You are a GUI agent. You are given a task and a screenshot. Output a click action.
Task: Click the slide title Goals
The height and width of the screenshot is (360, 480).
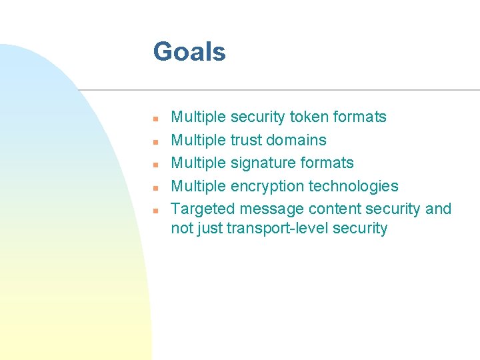tap(189, 52)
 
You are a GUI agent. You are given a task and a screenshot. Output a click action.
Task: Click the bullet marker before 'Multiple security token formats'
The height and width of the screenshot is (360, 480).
tap(153, 119)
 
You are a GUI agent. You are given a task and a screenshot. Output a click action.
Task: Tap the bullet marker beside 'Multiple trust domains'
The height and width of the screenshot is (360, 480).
tap(153, 141)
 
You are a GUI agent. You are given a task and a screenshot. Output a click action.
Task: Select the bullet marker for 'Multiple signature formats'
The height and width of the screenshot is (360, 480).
tap(153, 164)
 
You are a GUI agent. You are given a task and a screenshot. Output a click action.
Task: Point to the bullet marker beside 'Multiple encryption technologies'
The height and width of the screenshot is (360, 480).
tap(153, 187)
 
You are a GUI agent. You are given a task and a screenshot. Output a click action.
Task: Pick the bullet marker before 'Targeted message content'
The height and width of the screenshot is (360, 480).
tap(153, 210)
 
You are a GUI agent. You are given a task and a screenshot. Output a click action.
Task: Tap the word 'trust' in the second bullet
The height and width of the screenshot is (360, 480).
tap(245, 140)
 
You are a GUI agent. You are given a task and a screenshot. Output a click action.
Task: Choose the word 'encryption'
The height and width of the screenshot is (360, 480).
tap(267, 186)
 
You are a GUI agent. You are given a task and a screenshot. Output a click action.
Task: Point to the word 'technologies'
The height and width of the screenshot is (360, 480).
tap(353, 186)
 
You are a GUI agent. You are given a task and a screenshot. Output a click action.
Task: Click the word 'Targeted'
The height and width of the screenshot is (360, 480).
tap(203, 209)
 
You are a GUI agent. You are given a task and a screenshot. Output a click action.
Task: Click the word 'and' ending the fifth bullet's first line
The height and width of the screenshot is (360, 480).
tap(438, 209)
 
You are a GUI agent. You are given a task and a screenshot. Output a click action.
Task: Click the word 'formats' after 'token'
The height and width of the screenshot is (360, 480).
tap(361, 117)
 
